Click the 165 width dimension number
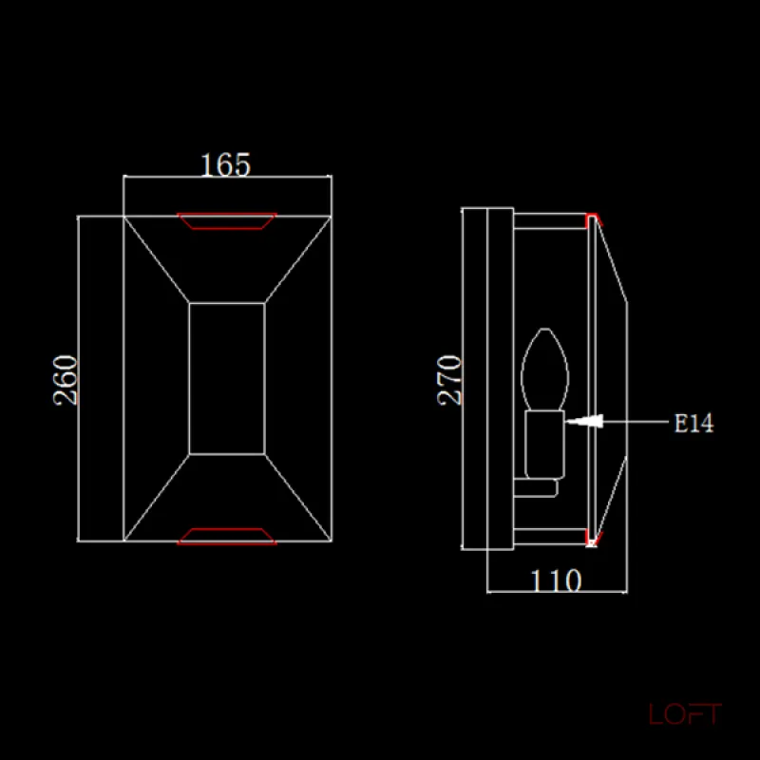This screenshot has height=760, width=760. [226, 164]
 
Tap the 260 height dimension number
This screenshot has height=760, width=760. [66, 380]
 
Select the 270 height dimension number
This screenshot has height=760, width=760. [449, 380]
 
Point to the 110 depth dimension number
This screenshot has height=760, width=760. [556, 580]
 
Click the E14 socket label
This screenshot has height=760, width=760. [694, 423]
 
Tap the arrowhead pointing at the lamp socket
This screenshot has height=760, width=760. [584, 421]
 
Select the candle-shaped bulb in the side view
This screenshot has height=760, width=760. [544, 370]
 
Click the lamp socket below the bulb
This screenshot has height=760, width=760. [544, 445]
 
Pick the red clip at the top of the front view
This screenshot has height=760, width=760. [227, 220]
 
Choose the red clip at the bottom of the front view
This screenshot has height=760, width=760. [227, 537]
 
